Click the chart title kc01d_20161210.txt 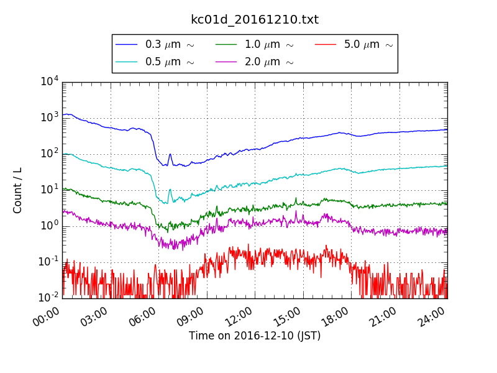coord(255,19)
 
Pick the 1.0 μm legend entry coord(269,45)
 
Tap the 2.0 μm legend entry coord(269,62)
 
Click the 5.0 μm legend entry coord(368,45)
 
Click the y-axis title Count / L coord(17,190)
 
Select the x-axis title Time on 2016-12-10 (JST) coord(255,336)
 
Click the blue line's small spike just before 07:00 coord(170,155)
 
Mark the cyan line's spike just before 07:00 coord(170,190)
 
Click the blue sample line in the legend coord(127,45)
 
